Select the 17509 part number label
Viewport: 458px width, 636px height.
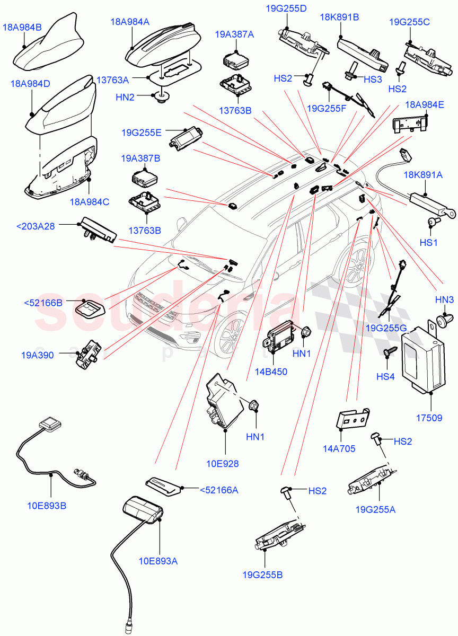coord(429,418)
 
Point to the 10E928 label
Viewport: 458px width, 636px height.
coord(222,464)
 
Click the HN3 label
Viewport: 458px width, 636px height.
coord(444,300)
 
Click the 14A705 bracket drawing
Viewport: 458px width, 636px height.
coord(352,419)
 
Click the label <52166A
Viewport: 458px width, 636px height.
coord(218,490)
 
